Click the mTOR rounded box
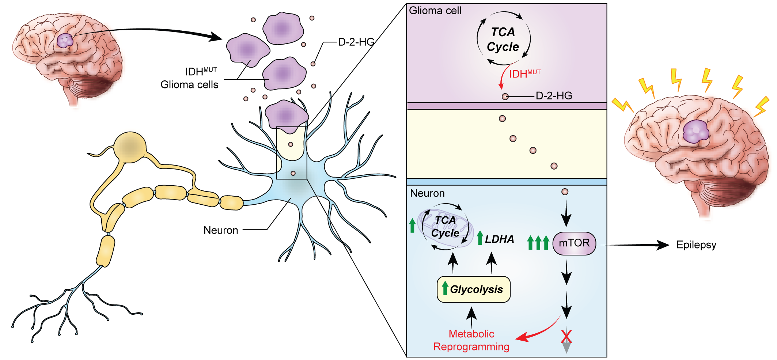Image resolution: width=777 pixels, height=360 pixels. point(574,243)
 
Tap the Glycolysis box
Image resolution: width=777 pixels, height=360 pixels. point(474,289)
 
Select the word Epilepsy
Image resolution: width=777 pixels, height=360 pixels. point(696,245)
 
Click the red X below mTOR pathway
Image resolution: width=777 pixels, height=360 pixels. point(566,336)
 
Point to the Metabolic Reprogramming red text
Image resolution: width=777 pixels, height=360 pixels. point(471,340)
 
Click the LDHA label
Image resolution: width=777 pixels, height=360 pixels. point(499,239)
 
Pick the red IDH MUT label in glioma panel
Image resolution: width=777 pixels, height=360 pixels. point(524,74)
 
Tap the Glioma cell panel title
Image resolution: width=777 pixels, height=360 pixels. point(435,11)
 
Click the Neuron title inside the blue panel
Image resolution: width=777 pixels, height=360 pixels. point(427,193)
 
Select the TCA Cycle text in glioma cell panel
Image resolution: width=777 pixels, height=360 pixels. point(503,39)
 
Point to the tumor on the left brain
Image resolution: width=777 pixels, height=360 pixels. point(65,40)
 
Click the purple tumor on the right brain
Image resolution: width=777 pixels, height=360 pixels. point(696,132)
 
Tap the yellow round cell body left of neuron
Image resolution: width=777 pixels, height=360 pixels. point(130,147)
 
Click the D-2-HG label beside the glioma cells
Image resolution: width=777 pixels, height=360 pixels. point(356,42)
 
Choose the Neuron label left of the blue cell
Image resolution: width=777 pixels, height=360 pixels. point(221,230)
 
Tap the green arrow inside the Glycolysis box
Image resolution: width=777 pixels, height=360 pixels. point(445,288)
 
